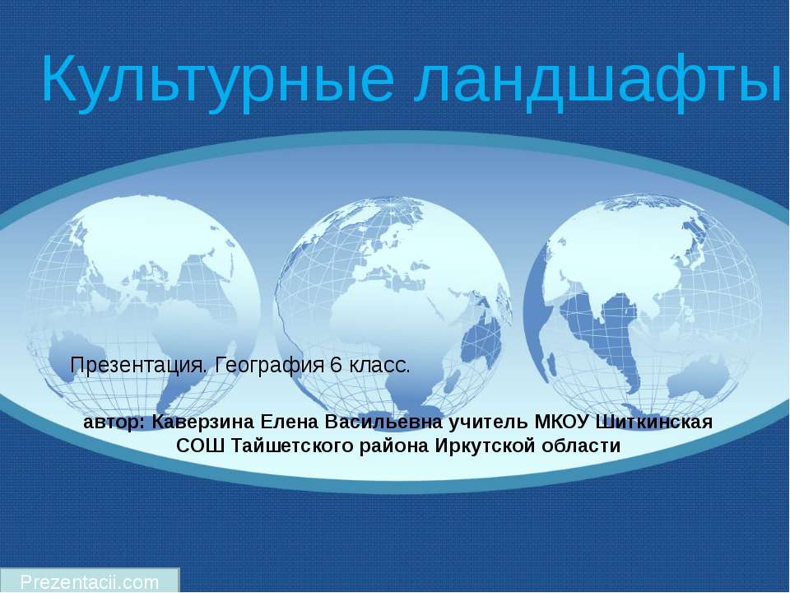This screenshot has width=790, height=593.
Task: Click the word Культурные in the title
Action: click(216, 80)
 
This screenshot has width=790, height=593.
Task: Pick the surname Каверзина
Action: click(202, 423)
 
